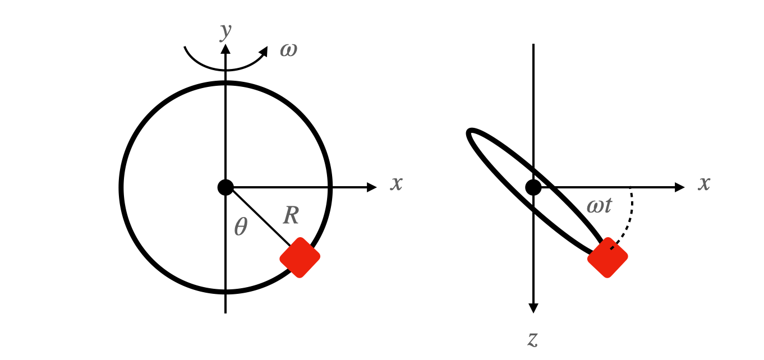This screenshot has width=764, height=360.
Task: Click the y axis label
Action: (225, 32)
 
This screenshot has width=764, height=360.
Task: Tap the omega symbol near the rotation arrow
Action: (288, 50)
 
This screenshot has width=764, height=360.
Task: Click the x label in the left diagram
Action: (397, 183)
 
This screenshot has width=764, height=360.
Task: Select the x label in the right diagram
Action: (704, 183)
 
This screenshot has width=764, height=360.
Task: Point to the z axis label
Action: (533, 338)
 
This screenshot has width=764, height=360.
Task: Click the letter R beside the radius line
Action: (291, 215)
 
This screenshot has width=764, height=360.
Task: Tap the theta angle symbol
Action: (240, 227)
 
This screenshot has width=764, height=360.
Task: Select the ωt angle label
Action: (599, 206)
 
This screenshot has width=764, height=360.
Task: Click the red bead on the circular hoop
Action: (300, 257)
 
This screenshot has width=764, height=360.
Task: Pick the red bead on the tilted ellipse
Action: (607, 257)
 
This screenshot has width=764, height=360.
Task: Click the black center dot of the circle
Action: (225, 187)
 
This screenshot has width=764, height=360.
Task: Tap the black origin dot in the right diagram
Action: (533, 187)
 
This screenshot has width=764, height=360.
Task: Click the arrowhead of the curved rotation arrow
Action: (264, 51)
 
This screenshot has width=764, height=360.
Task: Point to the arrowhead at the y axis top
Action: (225, 48)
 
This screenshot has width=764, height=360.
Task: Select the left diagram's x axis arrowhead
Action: (372, 187)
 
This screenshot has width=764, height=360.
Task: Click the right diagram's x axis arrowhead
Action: (680, 187)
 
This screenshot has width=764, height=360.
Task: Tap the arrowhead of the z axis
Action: (533, 308)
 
